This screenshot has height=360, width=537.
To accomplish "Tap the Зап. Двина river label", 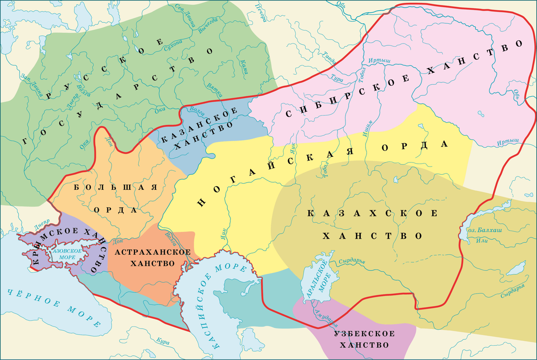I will (x=31, y=86).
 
